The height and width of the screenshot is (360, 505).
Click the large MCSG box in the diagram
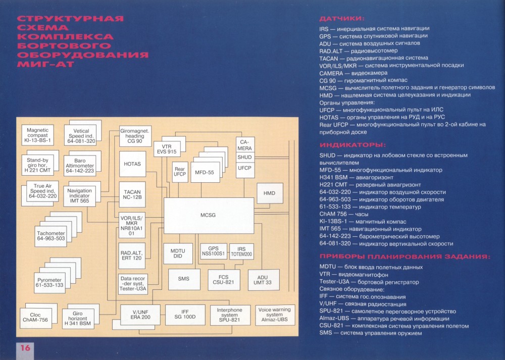click(x=209, y=215)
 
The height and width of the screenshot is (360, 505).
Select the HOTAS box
click(x=132, y=164)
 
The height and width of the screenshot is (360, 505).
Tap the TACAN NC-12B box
click(x=132, y=194)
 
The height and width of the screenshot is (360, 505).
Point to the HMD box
click(x=270, y=193)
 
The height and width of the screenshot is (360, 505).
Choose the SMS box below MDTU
click(x=184, y=279)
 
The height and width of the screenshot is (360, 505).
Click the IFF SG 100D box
click(x=185, y=315)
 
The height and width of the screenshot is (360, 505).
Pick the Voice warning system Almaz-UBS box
click(x=275, y=315)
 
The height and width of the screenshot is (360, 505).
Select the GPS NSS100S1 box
click(x=213, y=251)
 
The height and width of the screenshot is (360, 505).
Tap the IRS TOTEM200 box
click(x=241, y=251)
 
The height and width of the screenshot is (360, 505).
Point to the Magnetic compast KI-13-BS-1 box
click(x=37, y=135)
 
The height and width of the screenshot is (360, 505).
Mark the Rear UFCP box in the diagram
click(x=180, y=172)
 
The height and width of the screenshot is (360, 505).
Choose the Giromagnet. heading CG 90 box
click(x=135, y=136)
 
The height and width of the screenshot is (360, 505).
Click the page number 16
click(x=25, y=348)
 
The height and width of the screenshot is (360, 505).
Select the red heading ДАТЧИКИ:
click(x=342, y=19)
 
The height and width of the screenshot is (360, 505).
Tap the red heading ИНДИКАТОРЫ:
click(x=352, y=145)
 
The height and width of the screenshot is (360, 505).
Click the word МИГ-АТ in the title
click(x=46, y=64)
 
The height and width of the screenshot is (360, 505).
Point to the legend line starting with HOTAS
click(x=382, y=117)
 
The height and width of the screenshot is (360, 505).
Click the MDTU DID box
click(x=178, y=253)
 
